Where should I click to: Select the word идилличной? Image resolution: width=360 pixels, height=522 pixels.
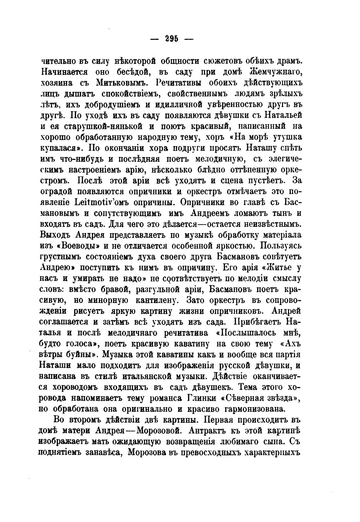tap(171, 105)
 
